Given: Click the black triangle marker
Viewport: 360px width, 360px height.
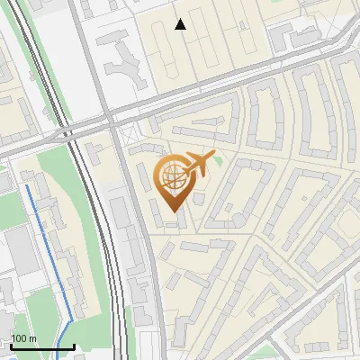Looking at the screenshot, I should tap(181, 25).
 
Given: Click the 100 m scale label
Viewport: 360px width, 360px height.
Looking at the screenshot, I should tap(22, 338).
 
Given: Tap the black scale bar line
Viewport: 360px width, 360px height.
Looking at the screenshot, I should tap(41, 346).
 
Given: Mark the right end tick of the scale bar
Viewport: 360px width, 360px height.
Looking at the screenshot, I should tap(73, 345).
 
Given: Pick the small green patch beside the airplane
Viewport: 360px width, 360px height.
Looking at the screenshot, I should tap(217, 160).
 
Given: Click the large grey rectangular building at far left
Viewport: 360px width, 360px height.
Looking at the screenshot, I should tap(16, 251).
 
